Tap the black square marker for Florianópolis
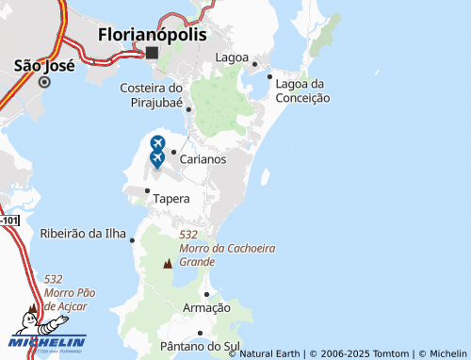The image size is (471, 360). pyautogui.click(x=152, y=54)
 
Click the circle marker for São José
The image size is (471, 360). pyautogui.click(x=43, y=82)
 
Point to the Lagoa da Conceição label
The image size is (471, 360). pyautogui.click(x=301, y=90)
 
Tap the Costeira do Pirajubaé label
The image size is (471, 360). pyautogui.click(x=151, y=94)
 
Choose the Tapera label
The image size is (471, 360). pyautogui.click(x=171, y=199)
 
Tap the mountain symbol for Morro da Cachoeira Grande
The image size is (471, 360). pyautogui.click(x=168, y=264)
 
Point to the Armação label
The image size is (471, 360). pyautogui.click(x=206, y=308)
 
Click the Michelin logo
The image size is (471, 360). pyautogui.click(x=47, y=341)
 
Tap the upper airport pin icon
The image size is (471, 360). pyautogui.click(x=157, y=143)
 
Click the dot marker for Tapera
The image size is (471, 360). pyautogui.click(x=147, y=190)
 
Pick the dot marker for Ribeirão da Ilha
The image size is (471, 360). pyautogui.click(x=132, y=239)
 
